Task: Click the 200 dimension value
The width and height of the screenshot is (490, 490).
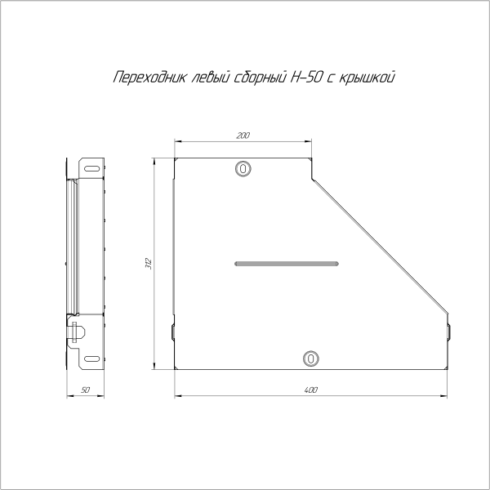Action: [x=243, y=135]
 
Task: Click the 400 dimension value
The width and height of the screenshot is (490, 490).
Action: [x=310, y=390]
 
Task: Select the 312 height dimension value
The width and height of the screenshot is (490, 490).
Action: [x=148, y=263]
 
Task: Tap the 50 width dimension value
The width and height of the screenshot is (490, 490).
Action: [x=86, y=390]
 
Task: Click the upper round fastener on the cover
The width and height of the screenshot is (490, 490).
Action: [x=243, y=168]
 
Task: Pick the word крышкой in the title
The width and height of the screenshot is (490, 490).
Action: [x=368, y=78]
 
